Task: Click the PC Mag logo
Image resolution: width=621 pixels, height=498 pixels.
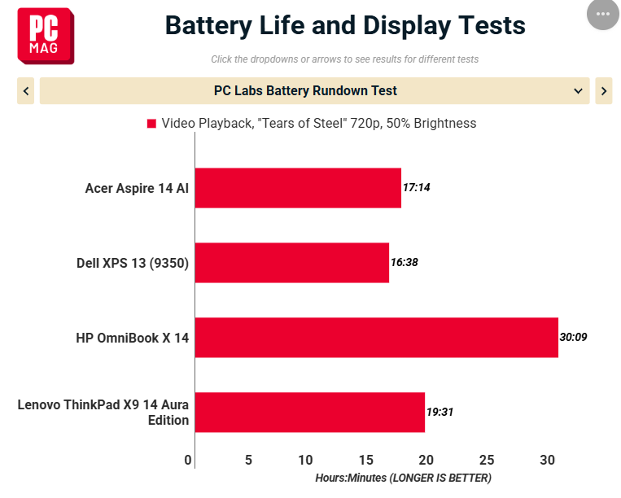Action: [46, 36]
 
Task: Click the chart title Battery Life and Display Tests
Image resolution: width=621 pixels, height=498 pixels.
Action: [345, 26]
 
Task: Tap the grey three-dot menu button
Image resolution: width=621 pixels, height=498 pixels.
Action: [603, 14]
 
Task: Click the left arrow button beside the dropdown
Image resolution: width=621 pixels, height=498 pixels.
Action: [26, 91]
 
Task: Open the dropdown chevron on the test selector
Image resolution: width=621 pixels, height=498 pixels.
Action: [578, 91]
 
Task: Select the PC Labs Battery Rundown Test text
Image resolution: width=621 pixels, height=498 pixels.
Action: [305, 90]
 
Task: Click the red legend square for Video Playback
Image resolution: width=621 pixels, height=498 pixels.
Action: [151, 124]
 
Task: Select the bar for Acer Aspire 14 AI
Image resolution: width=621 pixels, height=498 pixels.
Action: [298, 188]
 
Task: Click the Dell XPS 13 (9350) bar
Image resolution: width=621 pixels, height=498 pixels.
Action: [292, 263]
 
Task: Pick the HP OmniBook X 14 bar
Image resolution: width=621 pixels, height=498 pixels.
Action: [377, 338]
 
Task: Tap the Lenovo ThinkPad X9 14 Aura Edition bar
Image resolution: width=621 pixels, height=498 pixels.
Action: [310, 413]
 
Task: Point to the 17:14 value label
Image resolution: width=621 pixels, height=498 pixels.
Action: [416, 187]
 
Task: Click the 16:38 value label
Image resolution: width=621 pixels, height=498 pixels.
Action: [405, 262]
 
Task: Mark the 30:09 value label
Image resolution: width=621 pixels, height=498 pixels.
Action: [573, 337]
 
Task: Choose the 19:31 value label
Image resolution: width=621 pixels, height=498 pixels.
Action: [440, 412]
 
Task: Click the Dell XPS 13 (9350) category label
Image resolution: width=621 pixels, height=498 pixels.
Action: [133, 264]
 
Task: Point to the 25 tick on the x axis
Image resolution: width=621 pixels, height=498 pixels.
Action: [487, 460]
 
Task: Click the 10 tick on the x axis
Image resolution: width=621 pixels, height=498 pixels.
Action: [305, 460]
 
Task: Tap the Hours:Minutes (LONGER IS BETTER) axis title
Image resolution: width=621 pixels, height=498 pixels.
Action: [403, 478]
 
